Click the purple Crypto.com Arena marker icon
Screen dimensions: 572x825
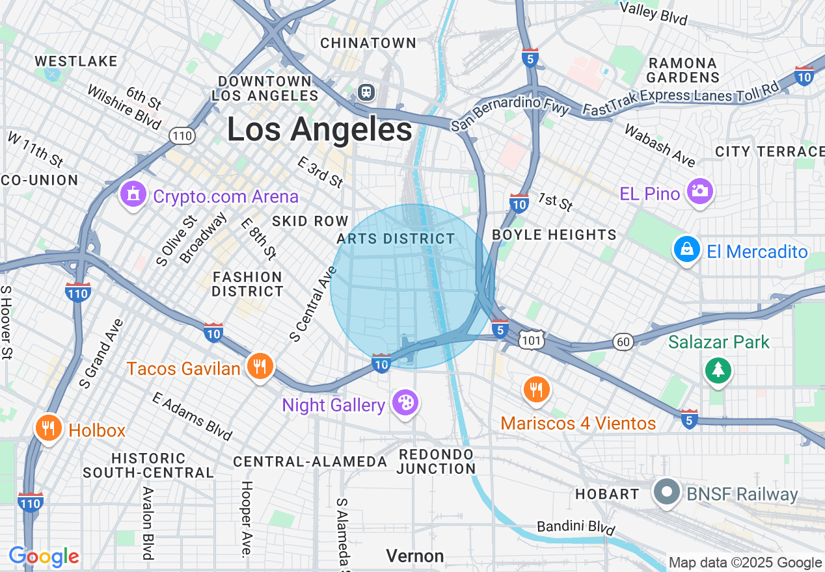[x=133, y=194]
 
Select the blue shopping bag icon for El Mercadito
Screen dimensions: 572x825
[x=686, y=250]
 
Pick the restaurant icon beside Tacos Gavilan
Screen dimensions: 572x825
[x=260, y=367]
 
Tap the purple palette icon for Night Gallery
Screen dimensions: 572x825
[x=405, y=403]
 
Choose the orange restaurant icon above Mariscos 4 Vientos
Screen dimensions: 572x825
[x=536, y=389]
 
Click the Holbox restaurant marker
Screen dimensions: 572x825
[x=48, y=428]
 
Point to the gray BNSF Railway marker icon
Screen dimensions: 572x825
[x=666, y=493]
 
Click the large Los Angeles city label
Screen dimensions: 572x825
[x=319, y=129]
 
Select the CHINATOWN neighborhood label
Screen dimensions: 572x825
[x=368, y=43]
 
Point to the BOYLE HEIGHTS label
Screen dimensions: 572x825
[x=554, y=235]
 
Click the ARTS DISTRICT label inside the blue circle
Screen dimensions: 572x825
[x=396, y=239]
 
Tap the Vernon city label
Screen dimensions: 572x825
[x=414, y=556]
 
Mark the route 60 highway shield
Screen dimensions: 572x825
[x=622, y=342]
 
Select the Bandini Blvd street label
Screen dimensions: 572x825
[x=575, y=526]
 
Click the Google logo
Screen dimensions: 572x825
[x=44, y=556]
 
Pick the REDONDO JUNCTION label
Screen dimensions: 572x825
[x=437, y=461]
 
